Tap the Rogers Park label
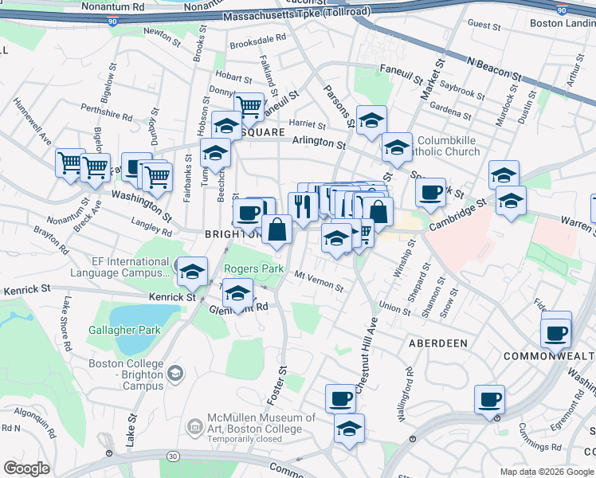coord(254,269)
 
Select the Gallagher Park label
coord(124,330)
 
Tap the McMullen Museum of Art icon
coord(194,427)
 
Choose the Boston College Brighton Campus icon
coord(175,372)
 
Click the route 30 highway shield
coord(173,455)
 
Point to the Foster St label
coord(282,382)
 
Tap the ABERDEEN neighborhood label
coord(437,343)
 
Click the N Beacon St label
coord(494,69)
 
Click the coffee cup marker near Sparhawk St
coord(430,192)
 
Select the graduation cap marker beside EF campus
coord(191,272)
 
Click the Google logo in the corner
coord(27,468)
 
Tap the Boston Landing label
coord(563,23)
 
